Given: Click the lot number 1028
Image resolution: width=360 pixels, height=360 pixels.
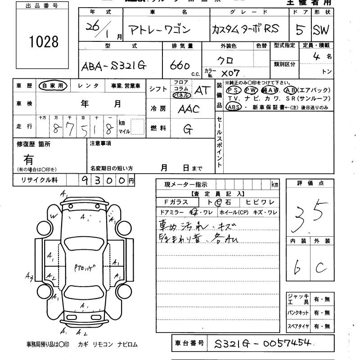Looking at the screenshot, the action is click(x=43, y=42).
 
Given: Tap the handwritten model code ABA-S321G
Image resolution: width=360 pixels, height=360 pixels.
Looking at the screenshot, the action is click(x=114, y=66).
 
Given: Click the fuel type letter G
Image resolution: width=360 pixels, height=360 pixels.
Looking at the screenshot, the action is click(x=188, y=129).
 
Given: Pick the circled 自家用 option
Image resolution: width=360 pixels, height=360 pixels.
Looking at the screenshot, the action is click(x=53, y=85).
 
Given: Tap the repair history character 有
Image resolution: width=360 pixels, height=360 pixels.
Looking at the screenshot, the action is click(x=28, y=159).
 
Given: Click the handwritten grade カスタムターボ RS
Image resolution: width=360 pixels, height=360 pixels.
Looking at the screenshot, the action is click(x=245, y=29).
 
